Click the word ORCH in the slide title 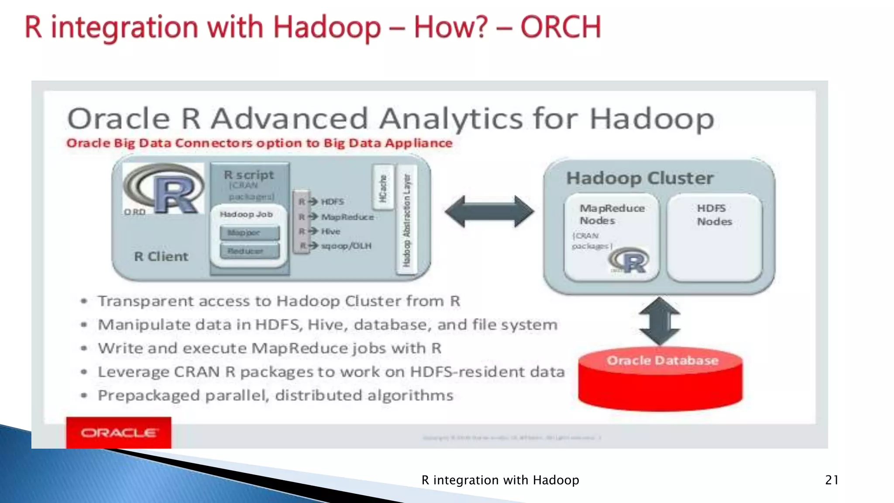click(x=560, y=27)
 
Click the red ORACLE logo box click(x=118, y=432)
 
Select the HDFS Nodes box click(x=714, y=238)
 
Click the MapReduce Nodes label click(x=612, y=214)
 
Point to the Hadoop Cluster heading click(x=640, y=178)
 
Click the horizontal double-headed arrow click(x=489, y=212)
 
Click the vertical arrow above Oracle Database click(x=660, y=321)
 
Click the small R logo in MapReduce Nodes click(x=629, y=260)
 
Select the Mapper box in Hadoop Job click(x=249, y=233)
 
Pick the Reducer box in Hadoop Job click(x=249, y=251)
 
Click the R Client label click(x=161, y=256)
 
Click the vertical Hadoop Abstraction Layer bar click(x=406, y=220)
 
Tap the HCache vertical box click(x=383, y=188)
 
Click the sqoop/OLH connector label click(x=346, y=246)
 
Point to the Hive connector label click(x=330, y=231)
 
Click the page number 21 click(x=832, y=480)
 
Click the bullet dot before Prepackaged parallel click(x=84, y=396)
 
